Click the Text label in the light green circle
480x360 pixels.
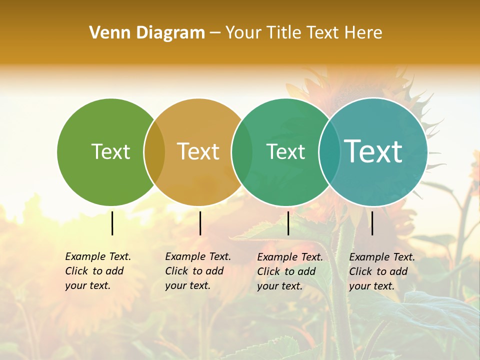pos(110,151)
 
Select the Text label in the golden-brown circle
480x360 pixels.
pos(198,151)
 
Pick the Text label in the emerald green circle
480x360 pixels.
pos(285,151)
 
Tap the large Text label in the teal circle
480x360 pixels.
pos(373,151)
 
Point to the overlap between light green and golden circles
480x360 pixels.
pos(154,152)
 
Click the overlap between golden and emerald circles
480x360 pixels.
pos(242,152)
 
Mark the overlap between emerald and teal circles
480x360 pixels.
pos(329,152)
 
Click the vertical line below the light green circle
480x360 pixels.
pos(112,223)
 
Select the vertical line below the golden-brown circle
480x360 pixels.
pos(200,223)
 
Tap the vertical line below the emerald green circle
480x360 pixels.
pos(288,223)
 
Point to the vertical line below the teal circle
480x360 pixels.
pos(372,223)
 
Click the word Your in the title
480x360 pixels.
pos(242,33)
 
